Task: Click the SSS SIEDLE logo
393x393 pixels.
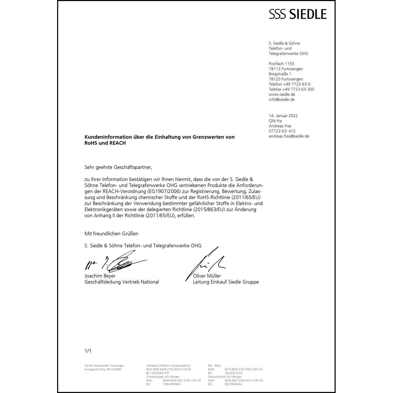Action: (298, 14)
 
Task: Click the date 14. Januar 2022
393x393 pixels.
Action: (283, 116)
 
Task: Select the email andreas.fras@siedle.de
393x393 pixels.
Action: (289, 136)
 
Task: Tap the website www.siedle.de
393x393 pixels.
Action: (282, 94)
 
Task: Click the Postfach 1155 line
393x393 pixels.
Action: (281, 64)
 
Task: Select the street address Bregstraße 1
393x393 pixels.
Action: (280, 74)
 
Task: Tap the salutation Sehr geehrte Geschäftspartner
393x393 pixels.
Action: (118, 167)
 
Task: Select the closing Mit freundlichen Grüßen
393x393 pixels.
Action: (111, 233)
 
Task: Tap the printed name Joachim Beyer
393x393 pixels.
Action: (100, 276)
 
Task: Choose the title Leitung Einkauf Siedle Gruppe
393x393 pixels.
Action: (226, 282)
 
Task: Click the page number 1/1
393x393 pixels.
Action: (88, 351)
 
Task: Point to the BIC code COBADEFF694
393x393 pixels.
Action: (172, 384)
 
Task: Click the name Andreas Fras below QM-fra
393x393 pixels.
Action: (280, 126)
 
